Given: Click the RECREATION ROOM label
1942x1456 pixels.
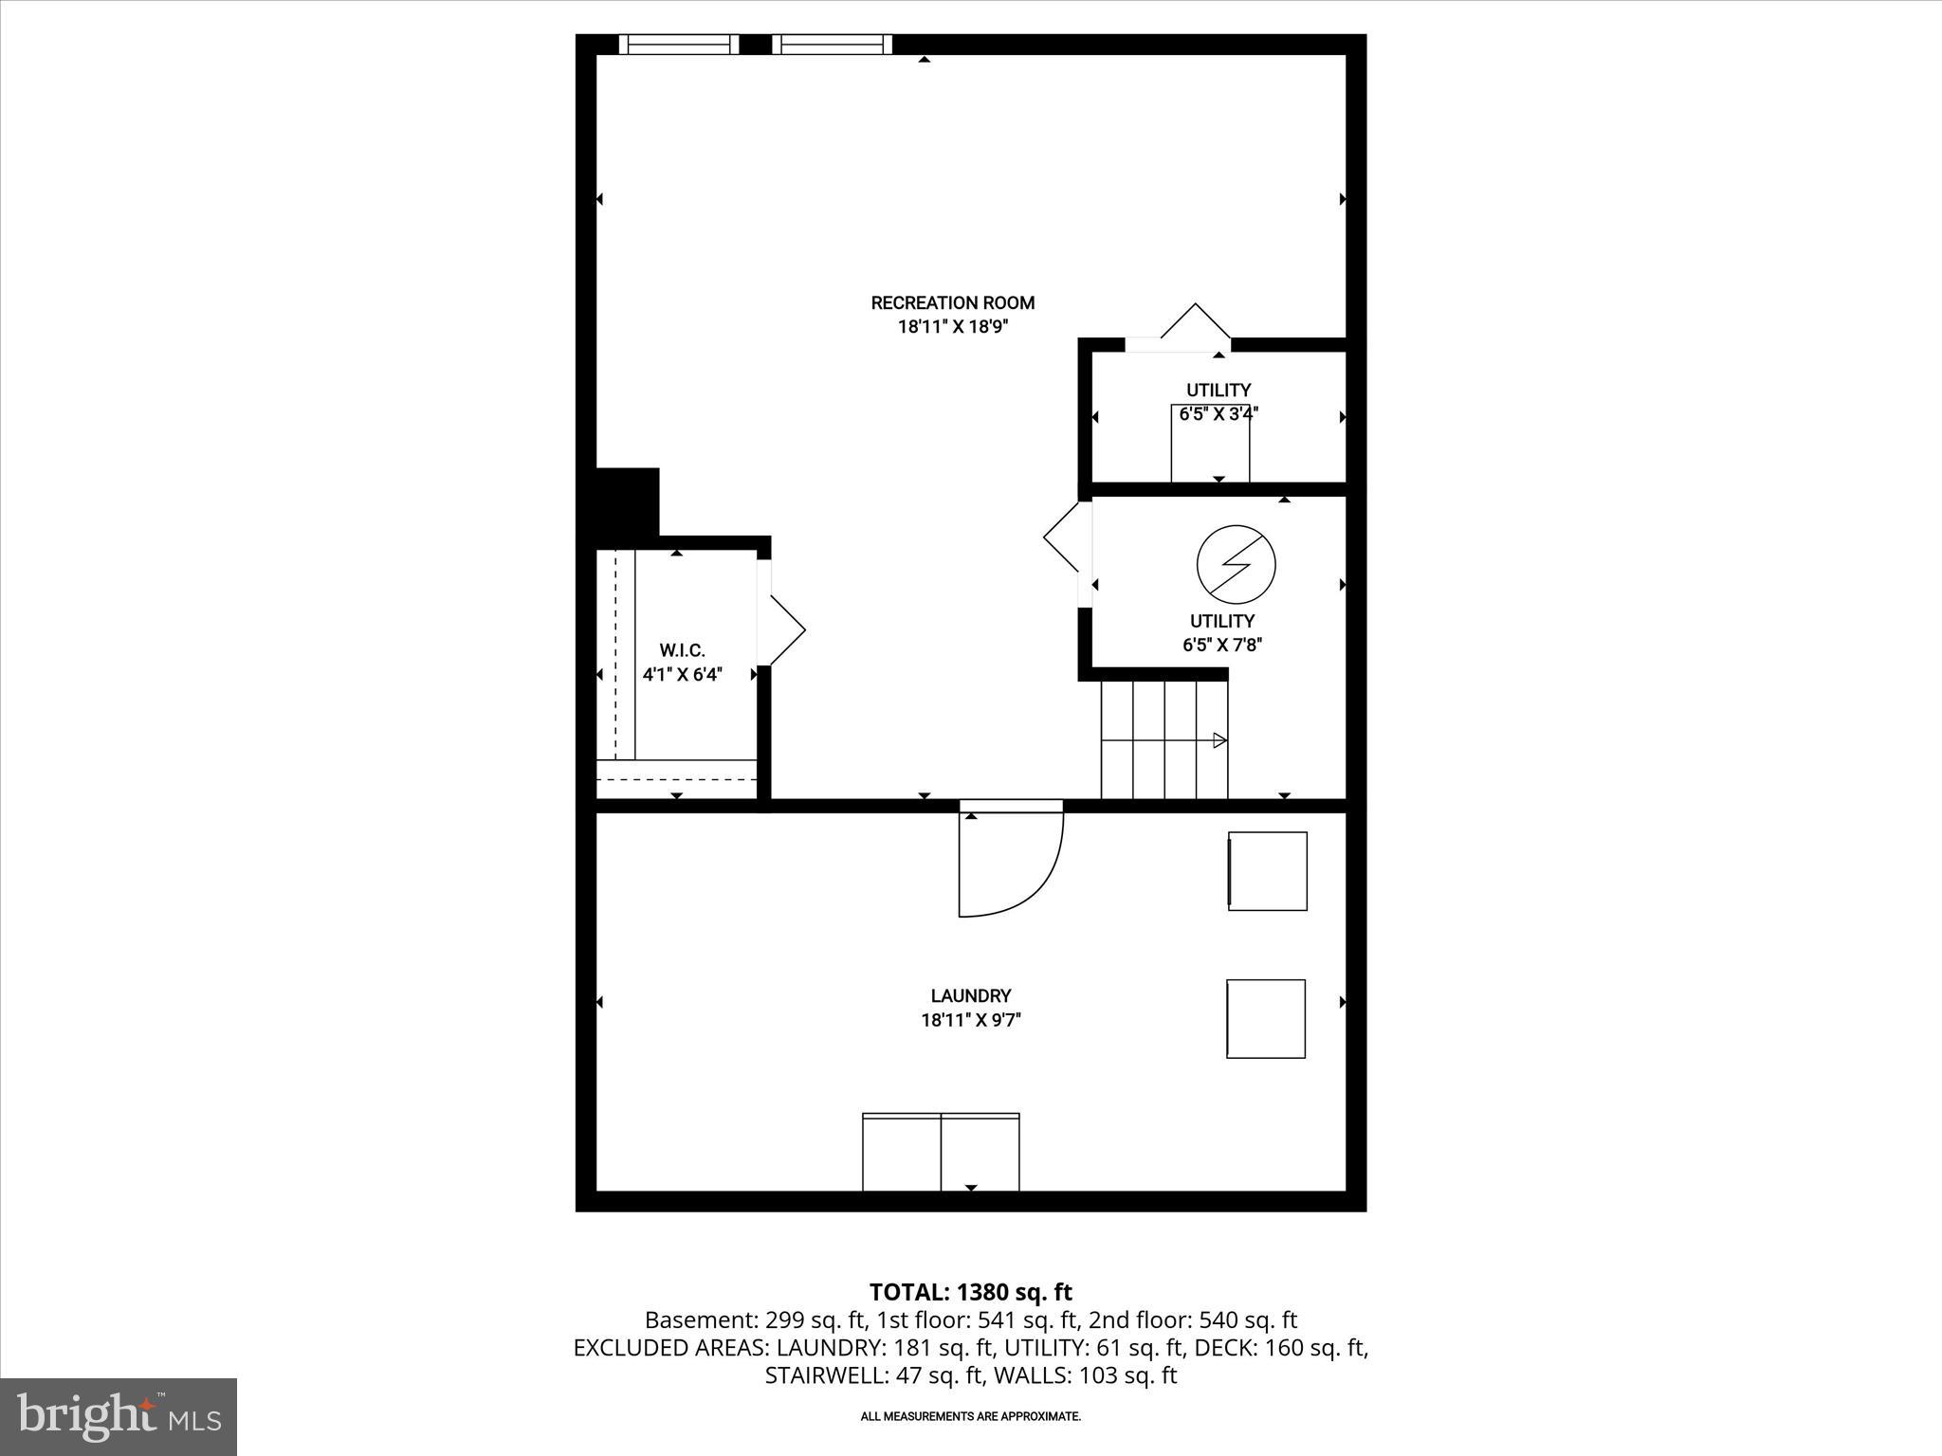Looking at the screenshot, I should pos(952,303).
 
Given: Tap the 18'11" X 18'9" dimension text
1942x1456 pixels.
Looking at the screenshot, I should pos(952,327).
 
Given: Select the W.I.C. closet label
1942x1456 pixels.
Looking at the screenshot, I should pos(682,650).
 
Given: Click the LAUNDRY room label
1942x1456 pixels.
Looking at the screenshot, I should pos(970,995).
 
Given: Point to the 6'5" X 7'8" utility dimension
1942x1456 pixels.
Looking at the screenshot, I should pos(1221,646).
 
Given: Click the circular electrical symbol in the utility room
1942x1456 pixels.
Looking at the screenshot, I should pos(1236,565).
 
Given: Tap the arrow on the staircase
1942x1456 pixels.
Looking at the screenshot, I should pos(1219,740).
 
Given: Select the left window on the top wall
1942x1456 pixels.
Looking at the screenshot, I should pos(679,45).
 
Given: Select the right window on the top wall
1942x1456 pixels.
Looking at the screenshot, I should pos(832,45).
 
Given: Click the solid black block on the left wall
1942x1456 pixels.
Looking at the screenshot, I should pos(626,501).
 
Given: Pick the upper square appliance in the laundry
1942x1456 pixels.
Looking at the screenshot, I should pos(1268,871).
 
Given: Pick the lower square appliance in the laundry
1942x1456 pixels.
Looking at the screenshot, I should pos(1266,1018).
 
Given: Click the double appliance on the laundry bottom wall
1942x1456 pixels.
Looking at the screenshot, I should pos(941,1152).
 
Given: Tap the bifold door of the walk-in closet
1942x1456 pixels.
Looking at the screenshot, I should pos(786,629).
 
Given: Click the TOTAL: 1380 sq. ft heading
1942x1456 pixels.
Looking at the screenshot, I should pos(970,1292).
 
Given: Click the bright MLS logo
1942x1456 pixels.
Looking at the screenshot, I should pos(119,1417).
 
